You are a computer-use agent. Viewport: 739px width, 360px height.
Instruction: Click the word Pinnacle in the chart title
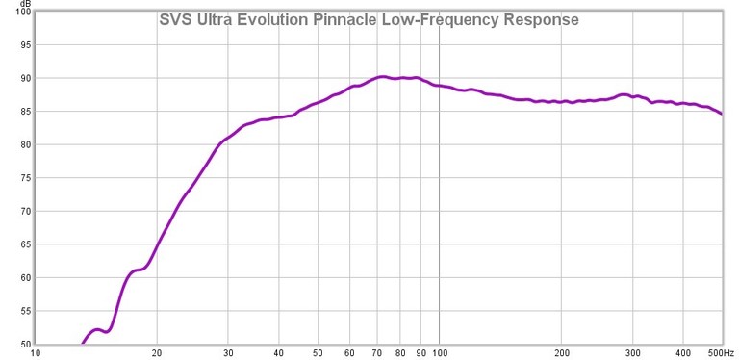coord(343,20)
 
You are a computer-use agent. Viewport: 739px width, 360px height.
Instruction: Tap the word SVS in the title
coord(175,20)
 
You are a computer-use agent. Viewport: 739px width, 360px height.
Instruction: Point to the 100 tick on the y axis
coord(14,12)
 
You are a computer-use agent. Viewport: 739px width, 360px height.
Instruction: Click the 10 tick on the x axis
coord(36,352)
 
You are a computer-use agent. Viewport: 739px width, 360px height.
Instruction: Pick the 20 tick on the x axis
coord(156,352)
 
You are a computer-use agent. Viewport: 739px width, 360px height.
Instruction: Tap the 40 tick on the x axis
coord(278,352)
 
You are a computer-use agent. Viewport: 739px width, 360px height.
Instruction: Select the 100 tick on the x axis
coord(440,352)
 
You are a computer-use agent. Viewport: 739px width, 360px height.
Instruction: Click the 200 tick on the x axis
coord(562,352)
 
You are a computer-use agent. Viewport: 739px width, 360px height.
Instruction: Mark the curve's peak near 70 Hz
coord(382,76)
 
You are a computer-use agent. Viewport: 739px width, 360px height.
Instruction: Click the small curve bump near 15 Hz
coord(97,329)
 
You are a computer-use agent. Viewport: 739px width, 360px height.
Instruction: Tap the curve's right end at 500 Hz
coord(722,114)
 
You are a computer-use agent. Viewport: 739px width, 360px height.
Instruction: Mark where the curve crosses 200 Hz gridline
coord(562,101)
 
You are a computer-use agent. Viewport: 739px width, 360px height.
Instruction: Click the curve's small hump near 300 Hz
coord(624,94)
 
